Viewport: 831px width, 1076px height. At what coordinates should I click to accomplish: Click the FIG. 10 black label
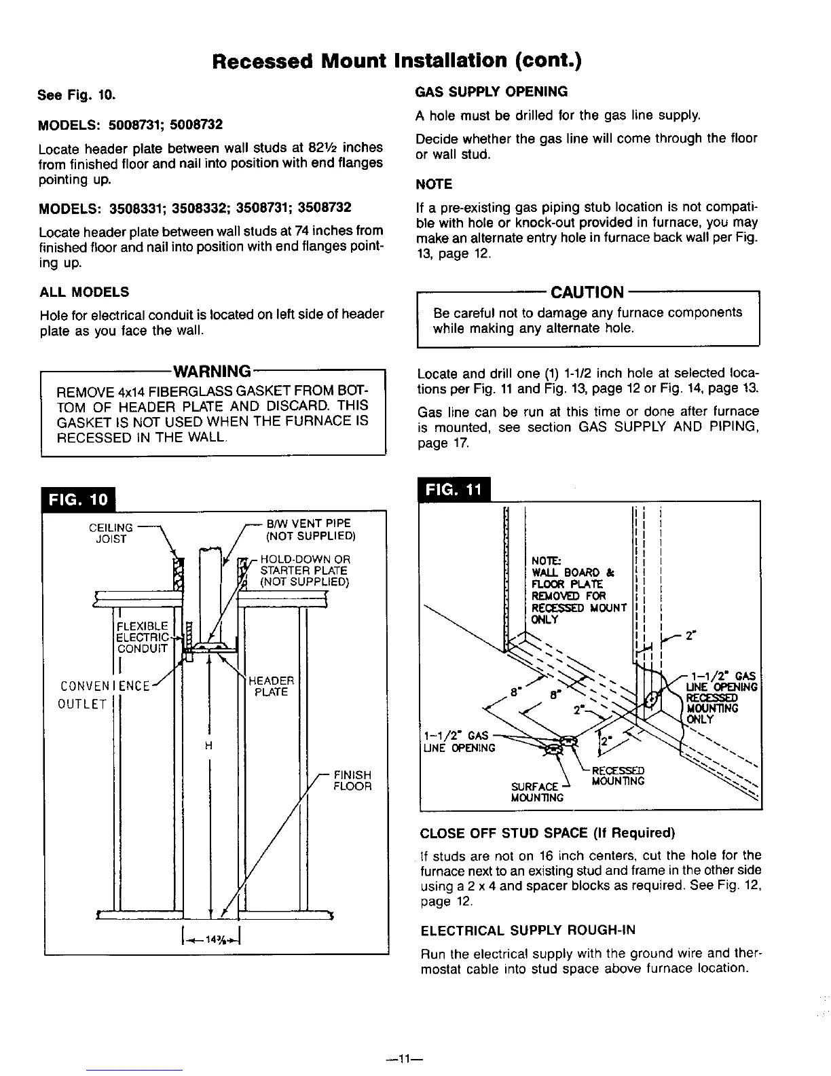[78, 499]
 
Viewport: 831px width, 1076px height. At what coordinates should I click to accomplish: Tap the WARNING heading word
[213, 372]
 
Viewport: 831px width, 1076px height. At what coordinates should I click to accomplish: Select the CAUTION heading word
[587, 293]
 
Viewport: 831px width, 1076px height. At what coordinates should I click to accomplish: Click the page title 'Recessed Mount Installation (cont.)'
[397, 61]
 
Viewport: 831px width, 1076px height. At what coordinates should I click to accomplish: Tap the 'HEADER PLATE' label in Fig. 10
[272, 686]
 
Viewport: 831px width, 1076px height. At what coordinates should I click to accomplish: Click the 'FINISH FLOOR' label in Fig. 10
[352, 781]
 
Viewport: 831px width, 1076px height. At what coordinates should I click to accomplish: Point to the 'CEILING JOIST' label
[111, 534]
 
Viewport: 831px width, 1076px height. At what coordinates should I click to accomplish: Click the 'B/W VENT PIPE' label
[309, 523]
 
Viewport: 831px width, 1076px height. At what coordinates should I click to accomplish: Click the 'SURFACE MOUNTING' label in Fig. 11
[538, 791]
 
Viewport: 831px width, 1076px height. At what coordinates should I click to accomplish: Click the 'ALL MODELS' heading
[84, 292]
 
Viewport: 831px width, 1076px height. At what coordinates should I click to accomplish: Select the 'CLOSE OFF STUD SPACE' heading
[547, 833]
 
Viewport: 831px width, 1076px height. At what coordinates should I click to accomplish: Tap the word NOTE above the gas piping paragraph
[434, 184]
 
